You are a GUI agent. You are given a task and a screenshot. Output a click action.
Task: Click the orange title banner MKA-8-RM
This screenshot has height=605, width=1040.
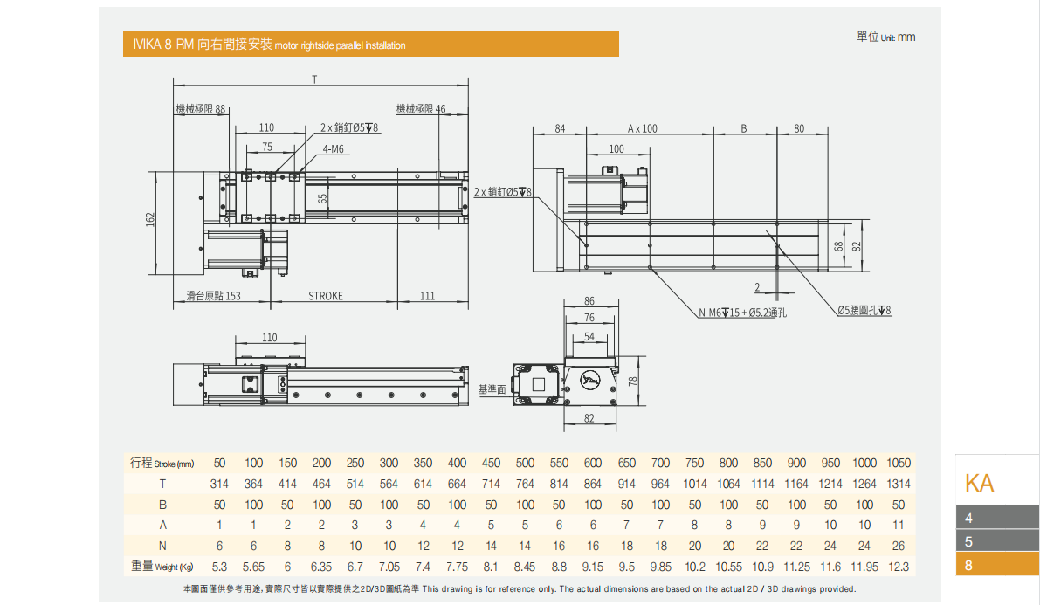370,45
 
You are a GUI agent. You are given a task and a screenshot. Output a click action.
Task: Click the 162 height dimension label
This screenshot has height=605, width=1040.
150,217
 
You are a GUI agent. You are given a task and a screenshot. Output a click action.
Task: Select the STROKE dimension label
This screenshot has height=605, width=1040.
326,296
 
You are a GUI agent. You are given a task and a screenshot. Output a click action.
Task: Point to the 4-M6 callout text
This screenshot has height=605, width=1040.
334,149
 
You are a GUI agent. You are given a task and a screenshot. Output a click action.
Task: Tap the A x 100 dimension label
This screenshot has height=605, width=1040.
643,128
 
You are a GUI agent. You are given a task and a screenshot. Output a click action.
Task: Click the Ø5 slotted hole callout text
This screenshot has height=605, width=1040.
864,311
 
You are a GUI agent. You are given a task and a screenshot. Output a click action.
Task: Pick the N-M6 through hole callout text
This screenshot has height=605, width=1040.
742,313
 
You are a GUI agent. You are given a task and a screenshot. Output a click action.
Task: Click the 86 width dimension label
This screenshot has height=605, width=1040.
589,301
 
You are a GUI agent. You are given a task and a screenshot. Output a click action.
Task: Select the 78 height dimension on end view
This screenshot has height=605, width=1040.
633,381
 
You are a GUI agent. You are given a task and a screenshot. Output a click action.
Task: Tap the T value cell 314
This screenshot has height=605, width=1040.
219,484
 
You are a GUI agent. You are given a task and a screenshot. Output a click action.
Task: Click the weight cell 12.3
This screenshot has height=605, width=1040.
899,567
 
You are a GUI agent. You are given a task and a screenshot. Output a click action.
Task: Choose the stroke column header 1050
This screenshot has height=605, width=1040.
899,463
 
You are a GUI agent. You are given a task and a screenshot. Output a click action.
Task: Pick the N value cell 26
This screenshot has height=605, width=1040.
899,546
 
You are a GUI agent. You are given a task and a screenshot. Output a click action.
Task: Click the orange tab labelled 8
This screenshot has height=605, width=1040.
997,565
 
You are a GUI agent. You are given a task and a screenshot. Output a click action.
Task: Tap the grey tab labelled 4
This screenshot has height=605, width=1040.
997,518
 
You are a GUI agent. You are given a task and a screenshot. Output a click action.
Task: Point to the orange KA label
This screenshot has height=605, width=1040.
979,483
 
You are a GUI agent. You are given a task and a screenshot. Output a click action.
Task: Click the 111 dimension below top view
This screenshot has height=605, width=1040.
427,296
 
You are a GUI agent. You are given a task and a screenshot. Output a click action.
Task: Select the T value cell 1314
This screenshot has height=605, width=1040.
899,484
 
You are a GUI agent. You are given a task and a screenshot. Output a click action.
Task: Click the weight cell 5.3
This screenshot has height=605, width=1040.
219,567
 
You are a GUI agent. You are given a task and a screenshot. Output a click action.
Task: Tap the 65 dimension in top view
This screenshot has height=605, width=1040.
322,198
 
